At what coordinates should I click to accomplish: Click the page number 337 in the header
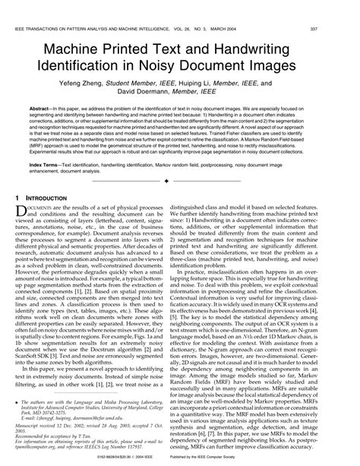pyautogui.click(x=348, y=7)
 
